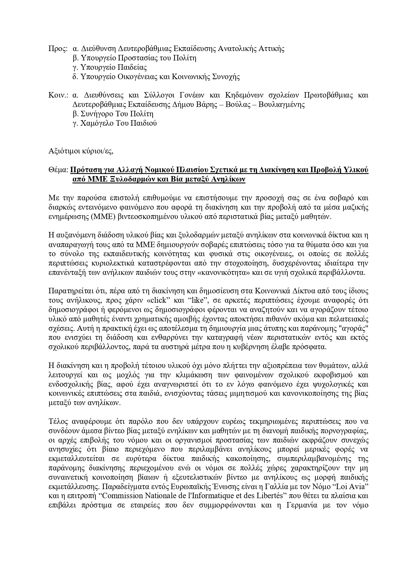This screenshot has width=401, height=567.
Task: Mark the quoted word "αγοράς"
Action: tap(354, 328)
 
